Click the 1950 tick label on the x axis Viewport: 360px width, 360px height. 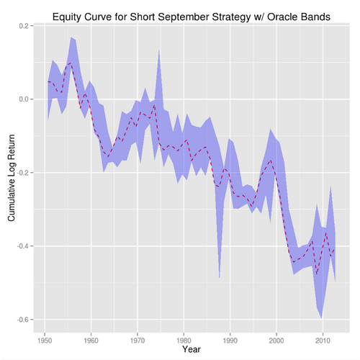pyautogui.click(x=45, y=338)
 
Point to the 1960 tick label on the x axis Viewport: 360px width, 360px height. pyautogui.click(x=91, y=338)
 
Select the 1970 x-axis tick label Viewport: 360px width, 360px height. pyautogui.click(x=138, y=338)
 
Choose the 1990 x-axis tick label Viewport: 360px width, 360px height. pyautogui.click(x=230, y=338)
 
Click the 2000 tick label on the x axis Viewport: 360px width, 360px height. pyautogui.click(x=277, y=338)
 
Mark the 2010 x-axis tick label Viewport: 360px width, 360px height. pyautogui.click(x=323, y=338)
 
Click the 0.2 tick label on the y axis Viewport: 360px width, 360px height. pyautogui.click(x=24, y=25)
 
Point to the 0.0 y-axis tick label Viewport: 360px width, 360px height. pyautogui.click(x=24, y=99)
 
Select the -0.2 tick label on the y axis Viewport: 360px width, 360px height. pyautogui.click(x=22, y=172)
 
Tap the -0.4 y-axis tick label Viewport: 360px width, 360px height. pyautogui.click(x=22, y=246)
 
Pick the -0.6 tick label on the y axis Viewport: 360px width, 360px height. pyautogui.click(x=22, y=319)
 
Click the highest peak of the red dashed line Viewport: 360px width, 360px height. pyautogui.click(x=71, y=63)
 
